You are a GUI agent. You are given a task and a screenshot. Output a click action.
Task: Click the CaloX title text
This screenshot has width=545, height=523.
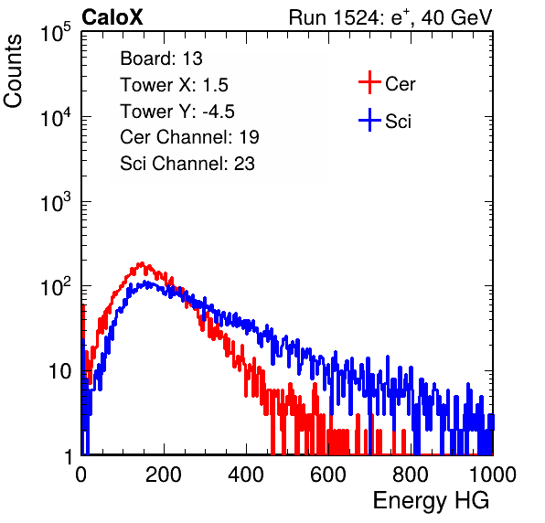click(112, 17)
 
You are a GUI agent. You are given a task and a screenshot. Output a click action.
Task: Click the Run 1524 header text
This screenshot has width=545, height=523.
click(390, 17)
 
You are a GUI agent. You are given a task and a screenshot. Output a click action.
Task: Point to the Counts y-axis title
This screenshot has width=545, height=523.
click(13, 71)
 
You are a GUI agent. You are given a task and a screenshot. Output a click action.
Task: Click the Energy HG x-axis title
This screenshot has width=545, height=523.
click(431, 501)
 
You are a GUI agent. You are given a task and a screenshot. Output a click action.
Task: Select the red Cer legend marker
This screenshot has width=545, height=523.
click(369, 82)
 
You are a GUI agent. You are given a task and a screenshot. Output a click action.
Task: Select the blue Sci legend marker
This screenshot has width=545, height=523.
click(369, 121)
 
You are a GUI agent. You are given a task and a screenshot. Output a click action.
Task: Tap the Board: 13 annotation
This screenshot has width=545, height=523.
click(161, 59)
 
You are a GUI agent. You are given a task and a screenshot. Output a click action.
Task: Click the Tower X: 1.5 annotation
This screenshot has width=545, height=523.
click(174, 85)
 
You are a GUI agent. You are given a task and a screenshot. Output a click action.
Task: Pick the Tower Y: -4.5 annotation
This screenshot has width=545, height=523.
click(177, 112)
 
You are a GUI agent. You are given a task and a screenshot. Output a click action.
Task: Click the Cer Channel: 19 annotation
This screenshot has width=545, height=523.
click(189, 137)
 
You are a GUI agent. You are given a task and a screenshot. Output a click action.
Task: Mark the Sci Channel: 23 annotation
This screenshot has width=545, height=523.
click(187, 164)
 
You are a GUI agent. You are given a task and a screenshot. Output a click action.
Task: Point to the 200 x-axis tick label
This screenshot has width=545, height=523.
click(164, 475)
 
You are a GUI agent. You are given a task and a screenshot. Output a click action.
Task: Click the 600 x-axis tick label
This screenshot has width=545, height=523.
click(328, 475)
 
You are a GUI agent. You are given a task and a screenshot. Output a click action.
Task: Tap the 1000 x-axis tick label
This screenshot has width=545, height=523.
click(493, 475)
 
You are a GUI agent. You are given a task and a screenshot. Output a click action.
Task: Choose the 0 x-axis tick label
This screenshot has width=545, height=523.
click(81, 475)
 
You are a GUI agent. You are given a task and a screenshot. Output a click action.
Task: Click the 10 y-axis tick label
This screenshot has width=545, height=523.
click(60, 371)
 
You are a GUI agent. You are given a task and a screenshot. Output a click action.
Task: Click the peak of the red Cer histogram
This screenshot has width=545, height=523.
click(142, 263)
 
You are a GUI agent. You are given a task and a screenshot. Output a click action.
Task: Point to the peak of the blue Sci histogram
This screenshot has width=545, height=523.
click(147, 283)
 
